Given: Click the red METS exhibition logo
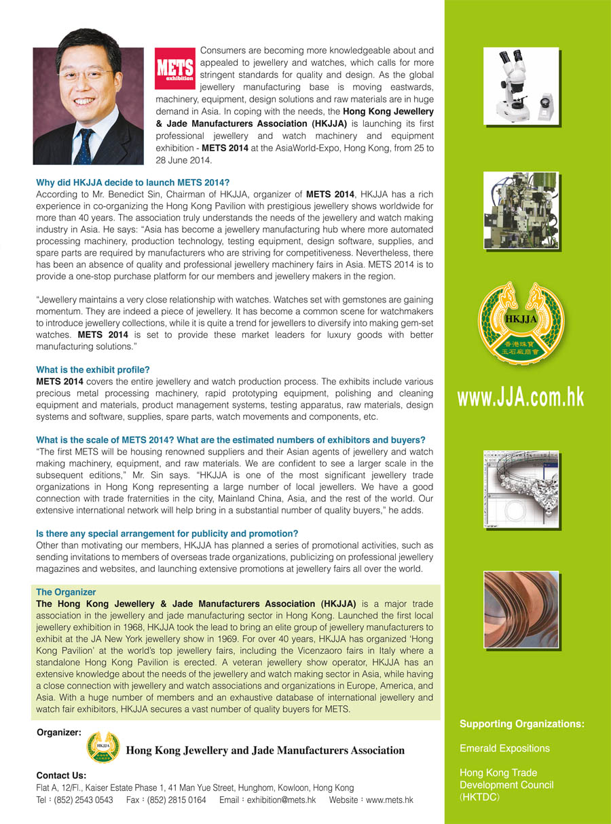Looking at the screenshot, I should (x=175, y=68).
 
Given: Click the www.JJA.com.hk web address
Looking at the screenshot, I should (x=520, y=397).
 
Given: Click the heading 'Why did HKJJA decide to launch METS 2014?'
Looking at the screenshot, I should (x=133, y=182).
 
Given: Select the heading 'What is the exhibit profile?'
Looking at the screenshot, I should (x=92, y=370).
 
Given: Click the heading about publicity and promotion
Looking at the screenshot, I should (x=167, y=534).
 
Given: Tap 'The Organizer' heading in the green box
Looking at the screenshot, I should (x=66, y=592).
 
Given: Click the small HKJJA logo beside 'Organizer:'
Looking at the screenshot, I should (x=103, y=748).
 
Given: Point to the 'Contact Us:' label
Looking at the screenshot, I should (x=61, y=775).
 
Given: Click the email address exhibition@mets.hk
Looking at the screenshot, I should (x=281, y=800).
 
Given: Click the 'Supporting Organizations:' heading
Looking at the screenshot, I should (x=521, y=724).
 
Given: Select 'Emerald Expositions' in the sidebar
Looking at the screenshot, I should (x=504, y=749).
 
